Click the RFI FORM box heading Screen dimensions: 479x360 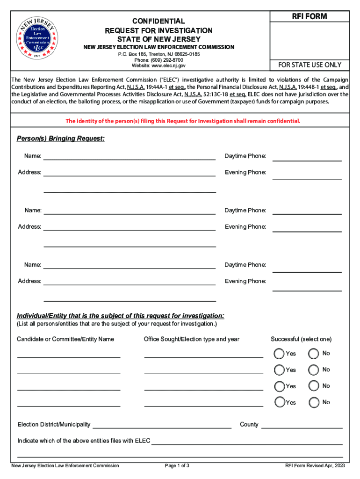[x=310, y=17]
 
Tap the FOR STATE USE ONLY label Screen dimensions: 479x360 [x=310, y=65]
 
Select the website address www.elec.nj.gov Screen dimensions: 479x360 [x=158, y=66]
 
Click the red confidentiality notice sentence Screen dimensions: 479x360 [x=183, y=121]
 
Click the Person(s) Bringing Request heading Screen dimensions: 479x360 [x=61, y=139]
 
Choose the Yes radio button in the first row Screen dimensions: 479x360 [x=279, y=354]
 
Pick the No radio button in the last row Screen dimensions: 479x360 [x=314, y=402]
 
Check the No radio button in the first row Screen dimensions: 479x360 [x=314, y=354]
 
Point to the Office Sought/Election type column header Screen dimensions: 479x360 [x=192, y=339]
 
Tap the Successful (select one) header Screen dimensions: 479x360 [x=301, y=339]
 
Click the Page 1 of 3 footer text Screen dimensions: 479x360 [x=177, y=466]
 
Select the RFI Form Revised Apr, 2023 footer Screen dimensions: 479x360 [x=315, y=466]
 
